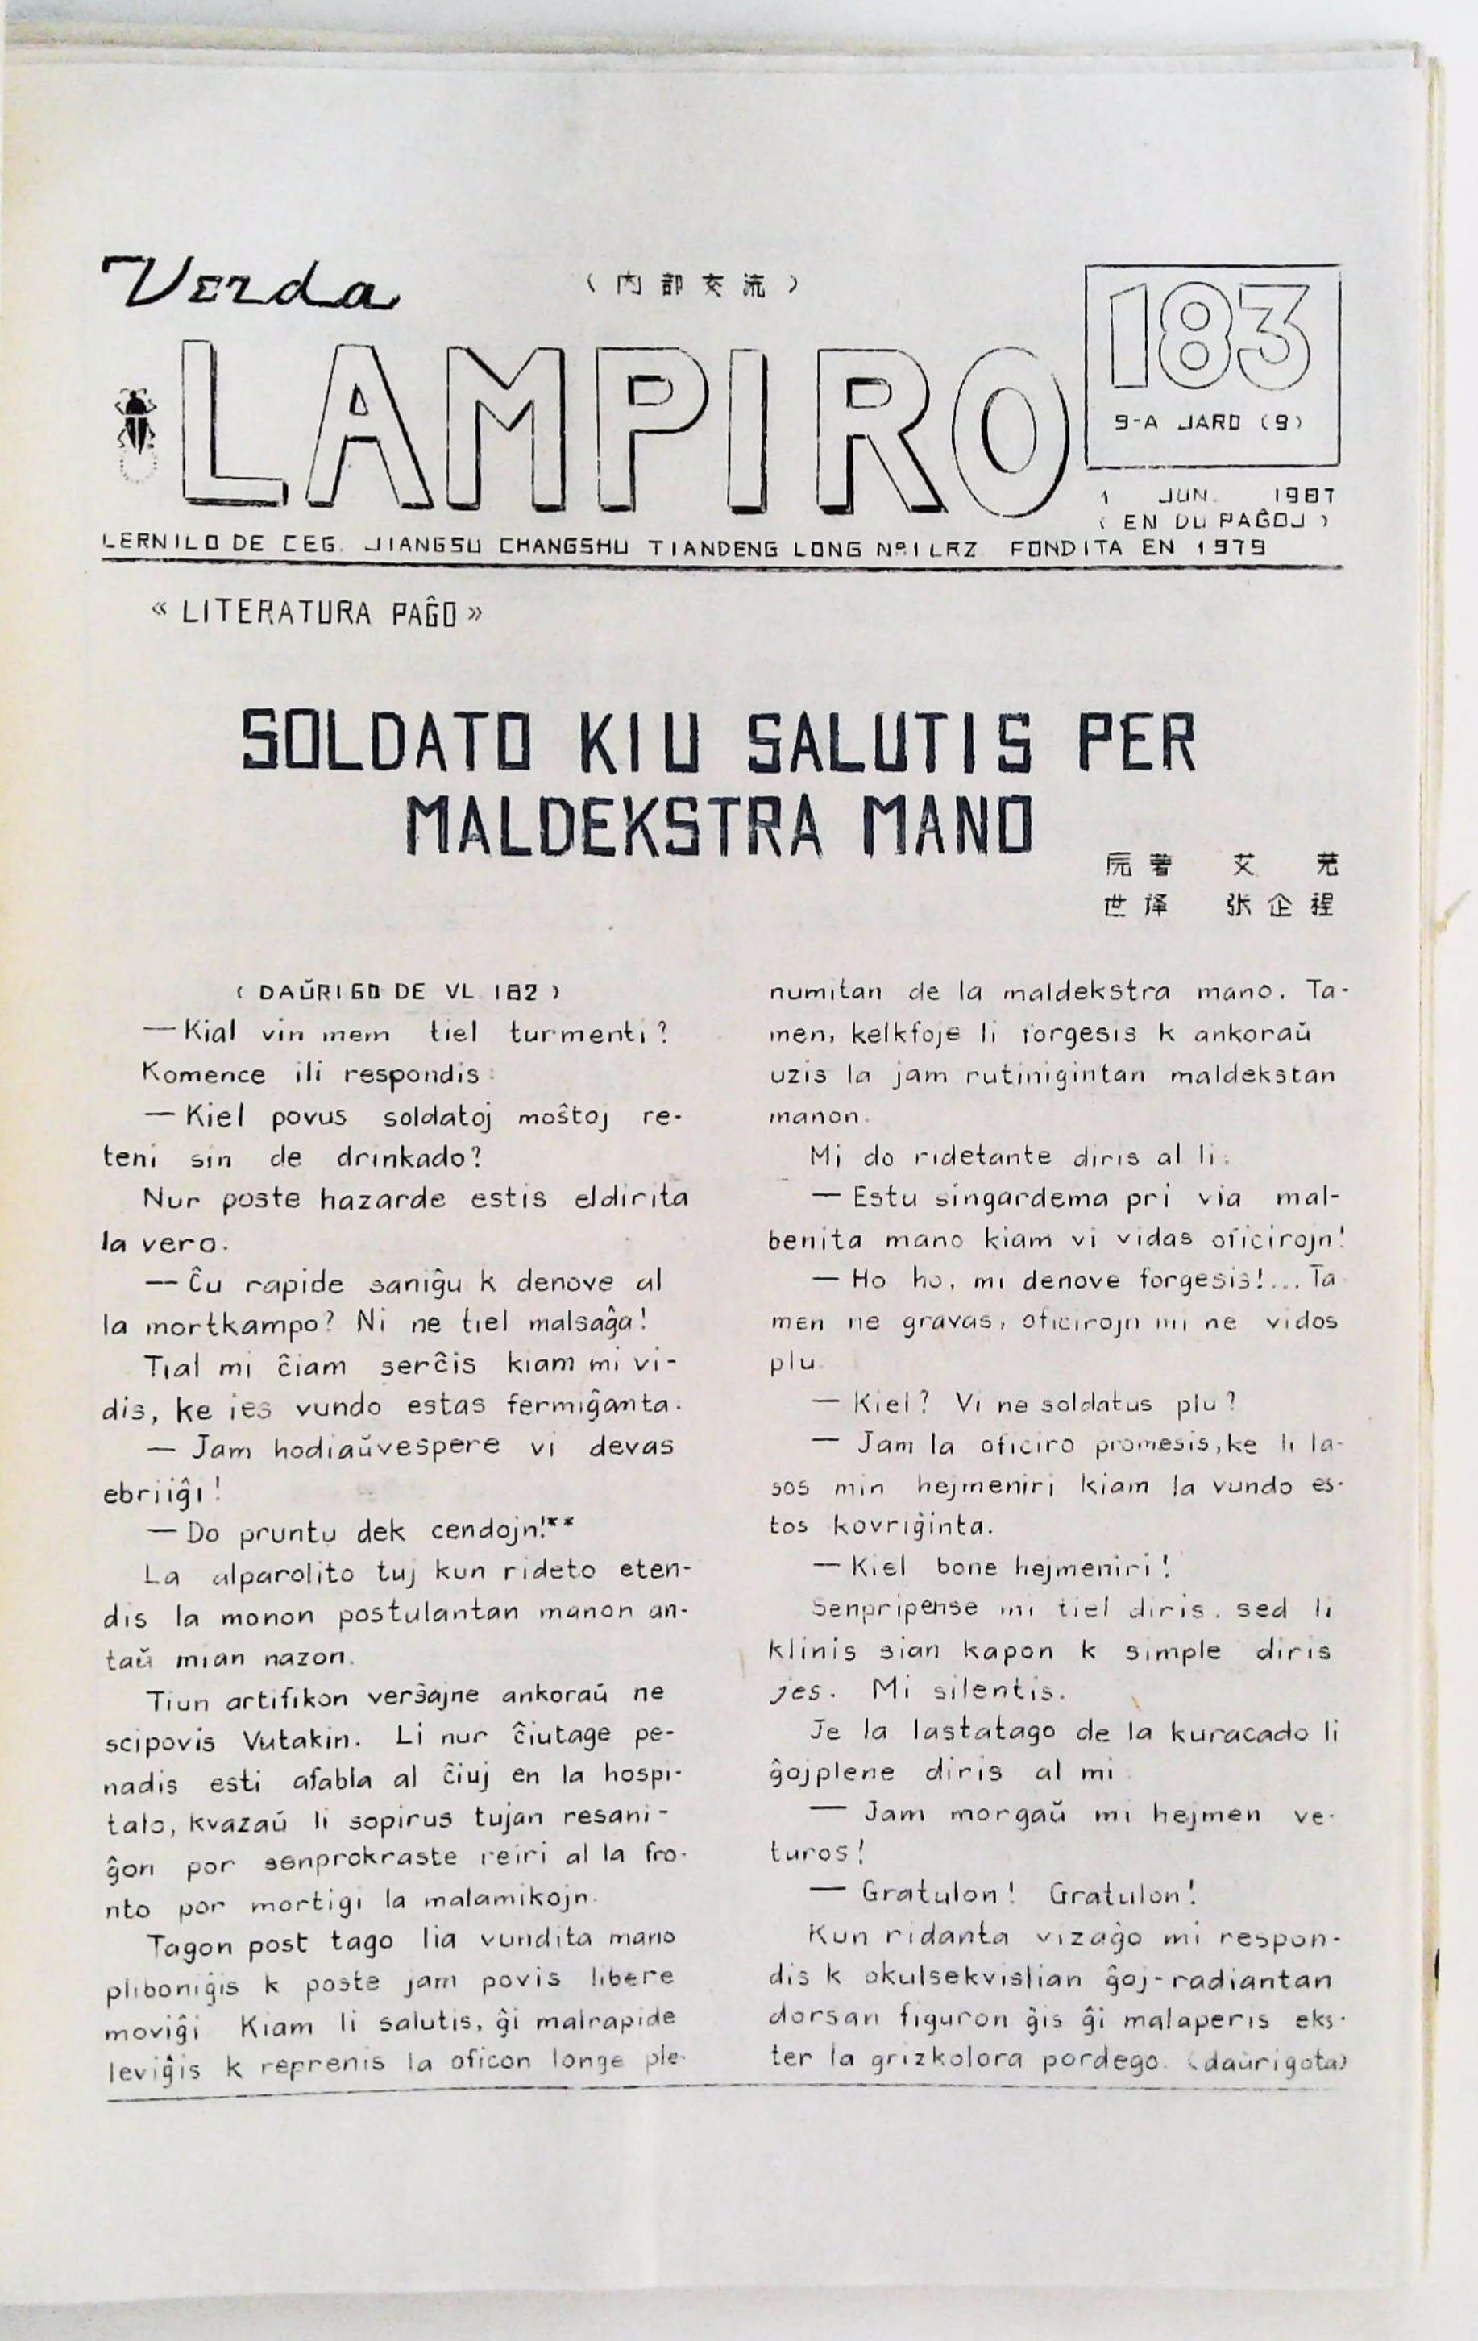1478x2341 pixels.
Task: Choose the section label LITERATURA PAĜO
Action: [x=318, y=613]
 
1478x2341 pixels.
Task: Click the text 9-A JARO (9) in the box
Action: [x=1206, y=423]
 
